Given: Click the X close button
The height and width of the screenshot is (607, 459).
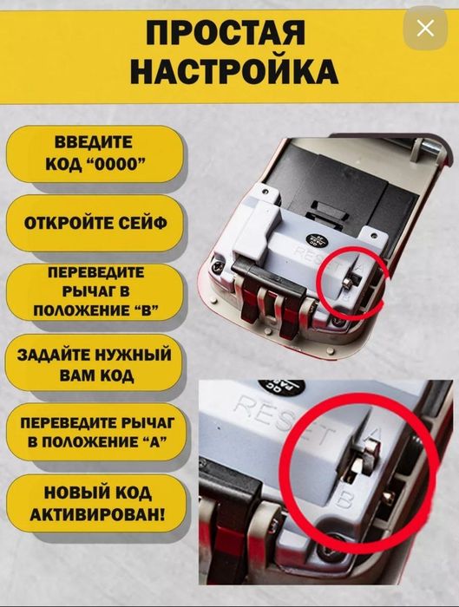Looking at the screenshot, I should point(425,29).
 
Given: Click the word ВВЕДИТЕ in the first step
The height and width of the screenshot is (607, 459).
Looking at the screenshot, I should point(94,142).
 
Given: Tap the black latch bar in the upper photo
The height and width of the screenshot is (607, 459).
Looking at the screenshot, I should point(265,294).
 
